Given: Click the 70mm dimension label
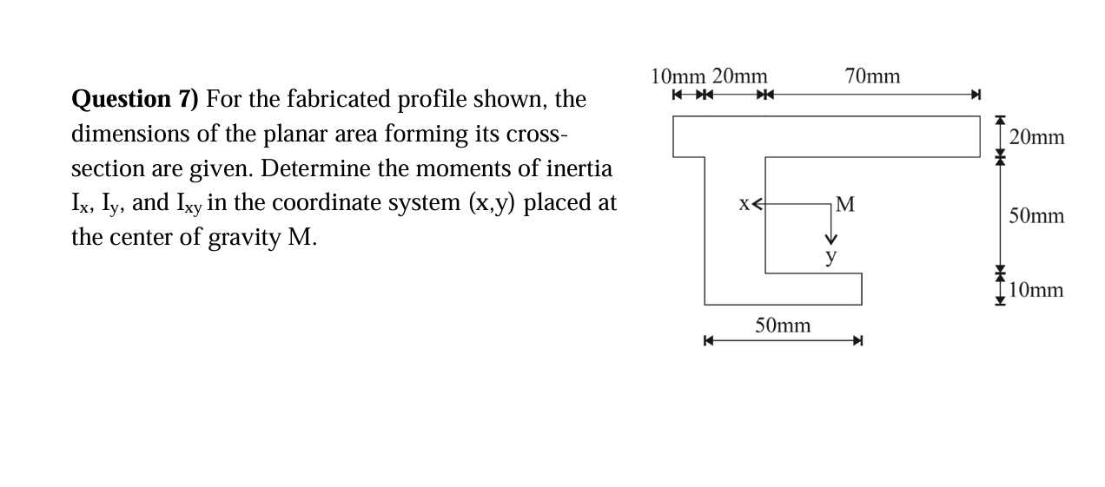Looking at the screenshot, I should click(x=872, y=76).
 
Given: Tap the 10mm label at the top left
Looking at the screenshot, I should click(x=678, y=76).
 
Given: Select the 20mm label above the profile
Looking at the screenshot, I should click(x=739, y=76).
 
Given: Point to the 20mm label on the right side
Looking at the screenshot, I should click(x=1037, y=137).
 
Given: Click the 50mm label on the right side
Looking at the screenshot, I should click(x=1036, y=216).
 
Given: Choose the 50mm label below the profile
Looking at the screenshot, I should click(x=783, y=326).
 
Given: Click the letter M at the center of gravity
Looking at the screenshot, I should click(x=844, y=205).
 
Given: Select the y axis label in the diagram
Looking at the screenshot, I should click(x=831, y=256).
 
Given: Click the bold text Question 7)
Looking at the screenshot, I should click(x=135, y=99).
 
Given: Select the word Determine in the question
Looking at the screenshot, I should click(x=304, y=168).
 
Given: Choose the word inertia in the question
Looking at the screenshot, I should click(x=578, y=168).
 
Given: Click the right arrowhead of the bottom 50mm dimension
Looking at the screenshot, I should click(x=857, y=341).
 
